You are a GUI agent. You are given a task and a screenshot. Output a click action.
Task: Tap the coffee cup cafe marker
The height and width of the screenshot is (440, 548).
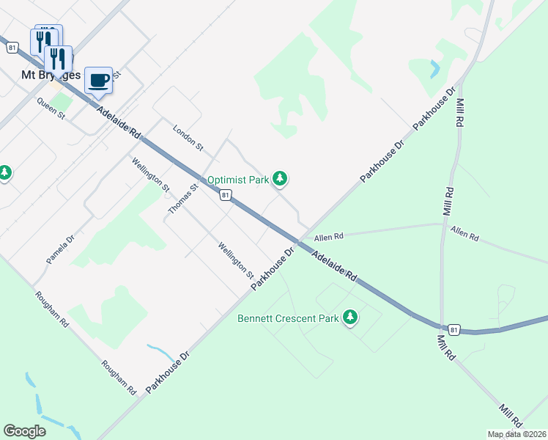pyautogui.click(x=98, y=80)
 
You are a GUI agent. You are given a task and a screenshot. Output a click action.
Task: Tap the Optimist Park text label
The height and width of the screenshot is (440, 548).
pyautogui.click(x=238, y=179)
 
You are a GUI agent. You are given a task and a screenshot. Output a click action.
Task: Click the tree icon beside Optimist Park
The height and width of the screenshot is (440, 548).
pyautogui.click(x=279, y=177)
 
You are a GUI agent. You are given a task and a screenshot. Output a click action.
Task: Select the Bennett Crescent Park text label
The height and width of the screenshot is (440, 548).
pyautogui.click(x=288, y=318)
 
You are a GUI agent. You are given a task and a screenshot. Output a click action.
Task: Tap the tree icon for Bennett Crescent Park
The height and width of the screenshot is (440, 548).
pyautogui.click(x=351, y=317)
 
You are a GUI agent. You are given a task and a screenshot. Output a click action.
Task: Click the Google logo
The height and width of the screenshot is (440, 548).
pyautogui.click(x=24, y=431)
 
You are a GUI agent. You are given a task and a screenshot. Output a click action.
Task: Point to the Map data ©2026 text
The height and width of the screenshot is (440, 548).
pyautogui.click(x=516, y=434)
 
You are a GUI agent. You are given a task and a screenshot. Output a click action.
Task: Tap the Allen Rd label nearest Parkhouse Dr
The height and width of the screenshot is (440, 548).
pyautogui.click(x=328, y=237)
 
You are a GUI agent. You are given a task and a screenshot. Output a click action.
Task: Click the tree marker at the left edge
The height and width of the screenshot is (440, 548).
pyautogui.click(x=5, y=173)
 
